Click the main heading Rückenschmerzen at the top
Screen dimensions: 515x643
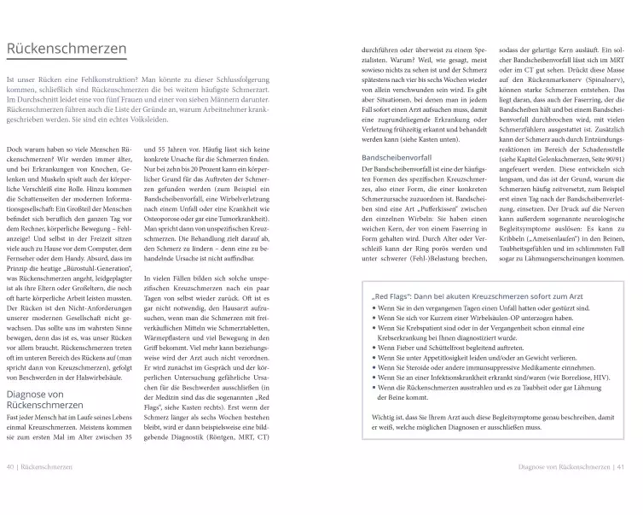coord(67,50)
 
